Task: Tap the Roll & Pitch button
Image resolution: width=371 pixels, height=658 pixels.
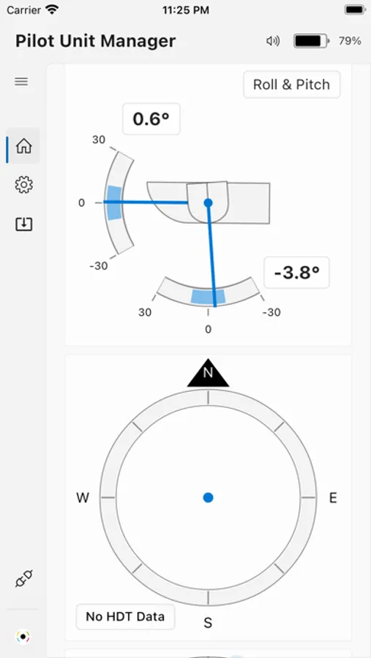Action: (291, 84)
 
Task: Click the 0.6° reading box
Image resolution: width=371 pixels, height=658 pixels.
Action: (151, 119)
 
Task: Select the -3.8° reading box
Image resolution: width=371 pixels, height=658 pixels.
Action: (296, 273)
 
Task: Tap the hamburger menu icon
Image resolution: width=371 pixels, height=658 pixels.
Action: (21, 81)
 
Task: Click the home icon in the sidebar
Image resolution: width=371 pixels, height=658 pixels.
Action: (23, 146)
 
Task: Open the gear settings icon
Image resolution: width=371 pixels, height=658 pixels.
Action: (23, 185)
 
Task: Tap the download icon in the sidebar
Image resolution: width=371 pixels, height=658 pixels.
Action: (24, 224)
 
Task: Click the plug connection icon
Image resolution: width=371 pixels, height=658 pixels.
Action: (24, 579)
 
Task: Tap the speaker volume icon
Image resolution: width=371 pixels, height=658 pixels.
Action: (273, 41)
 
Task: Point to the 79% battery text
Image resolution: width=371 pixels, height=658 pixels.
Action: (350, 41)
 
